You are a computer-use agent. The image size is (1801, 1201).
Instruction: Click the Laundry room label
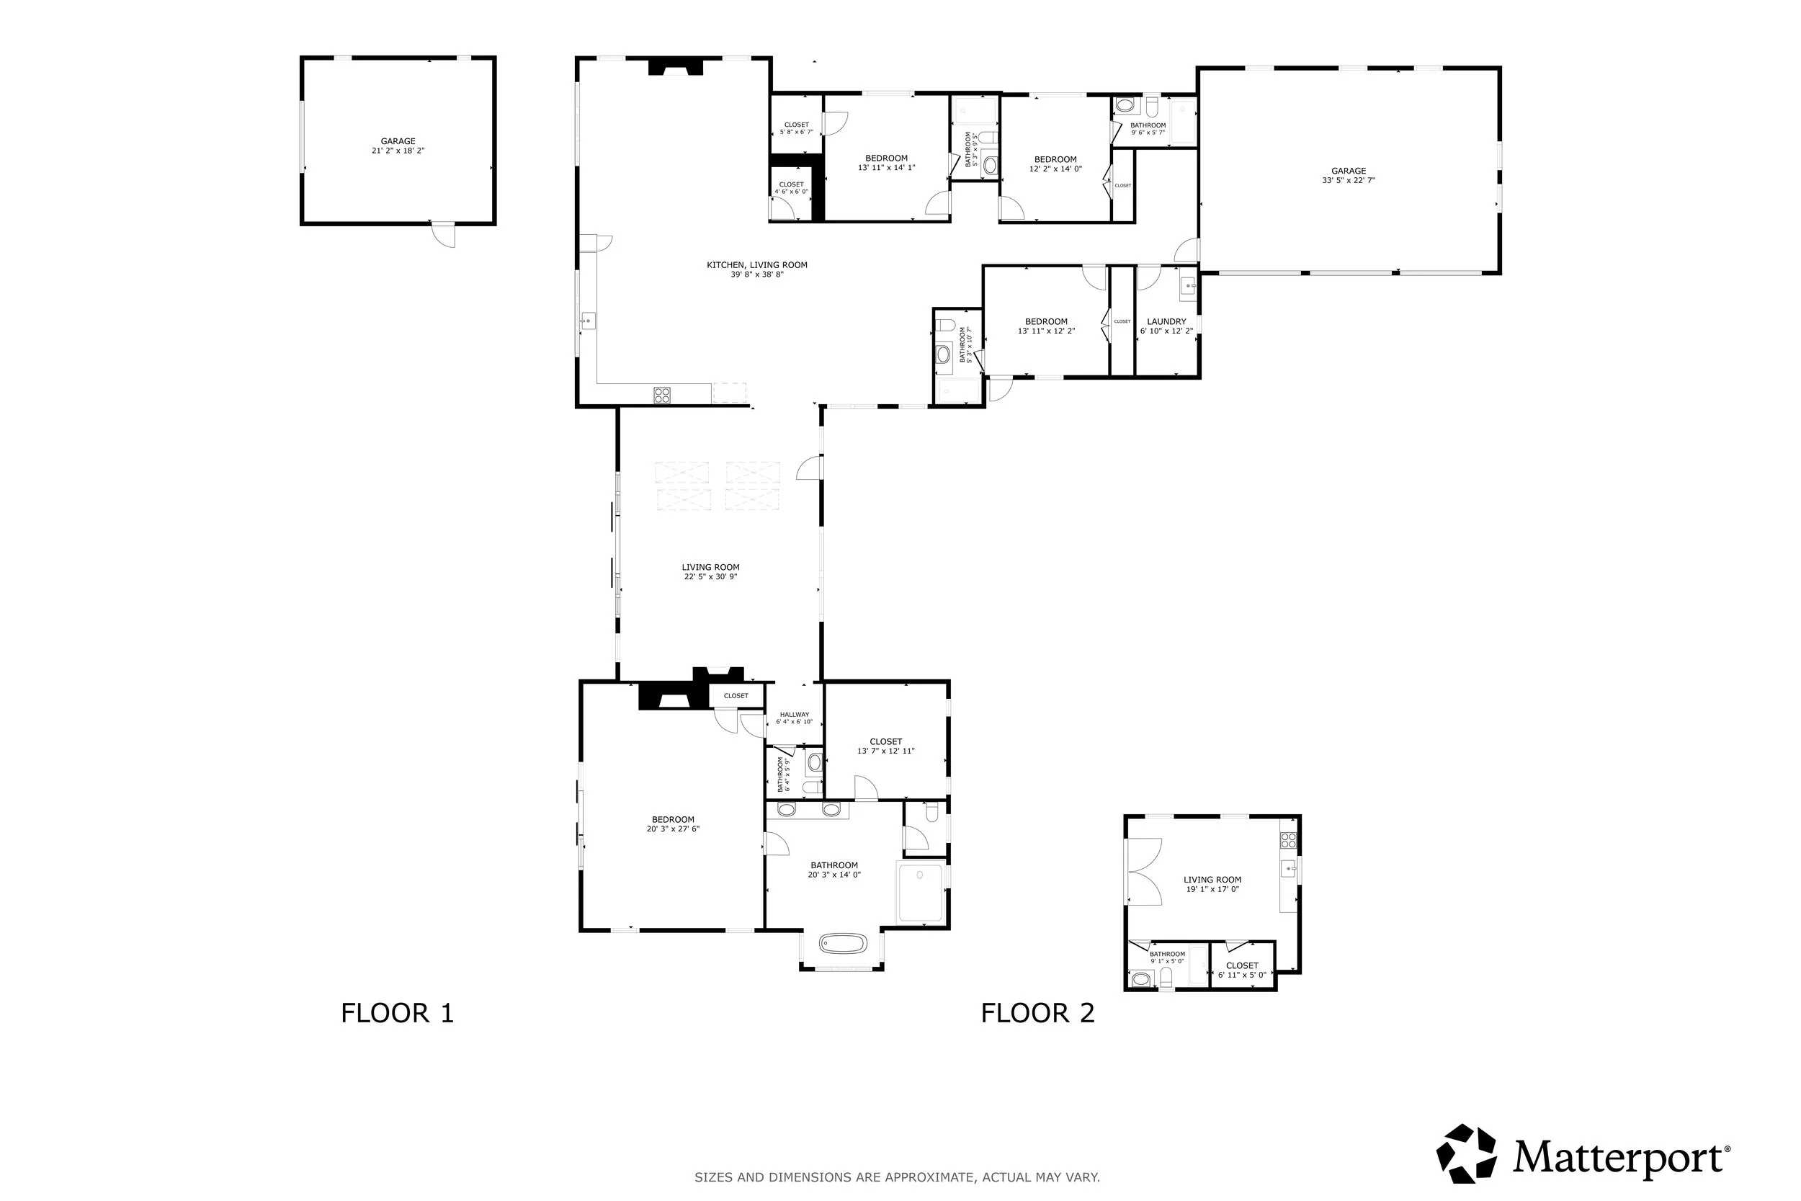1166,326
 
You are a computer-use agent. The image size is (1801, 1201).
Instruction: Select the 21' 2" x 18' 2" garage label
398,146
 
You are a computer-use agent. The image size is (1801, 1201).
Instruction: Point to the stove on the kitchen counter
661,396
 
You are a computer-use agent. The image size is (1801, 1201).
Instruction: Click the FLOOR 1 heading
398,1014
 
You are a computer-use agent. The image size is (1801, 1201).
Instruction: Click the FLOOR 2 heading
1037,1014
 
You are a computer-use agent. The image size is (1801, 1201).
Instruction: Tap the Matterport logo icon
1467,1153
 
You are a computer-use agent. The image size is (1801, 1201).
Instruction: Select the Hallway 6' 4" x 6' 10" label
794,718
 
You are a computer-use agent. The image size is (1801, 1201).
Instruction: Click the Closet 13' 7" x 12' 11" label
885,746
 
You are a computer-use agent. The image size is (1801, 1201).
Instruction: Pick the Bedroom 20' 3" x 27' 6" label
672,824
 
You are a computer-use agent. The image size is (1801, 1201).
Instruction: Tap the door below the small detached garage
443,234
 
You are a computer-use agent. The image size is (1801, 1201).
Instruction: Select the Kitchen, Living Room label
756,269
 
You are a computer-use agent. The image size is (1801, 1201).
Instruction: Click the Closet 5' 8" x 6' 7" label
796,128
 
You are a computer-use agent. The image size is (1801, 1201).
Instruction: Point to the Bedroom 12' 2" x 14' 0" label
1055,164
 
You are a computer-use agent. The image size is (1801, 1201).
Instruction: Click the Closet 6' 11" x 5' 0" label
1241,970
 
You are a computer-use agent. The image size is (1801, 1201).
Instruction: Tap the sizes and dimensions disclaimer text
897,1177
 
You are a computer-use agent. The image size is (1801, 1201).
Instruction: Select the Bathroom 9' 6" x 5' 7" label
1147,129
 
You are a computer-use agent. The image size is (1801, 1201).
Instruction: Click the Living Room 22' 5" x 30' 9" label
710,572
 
